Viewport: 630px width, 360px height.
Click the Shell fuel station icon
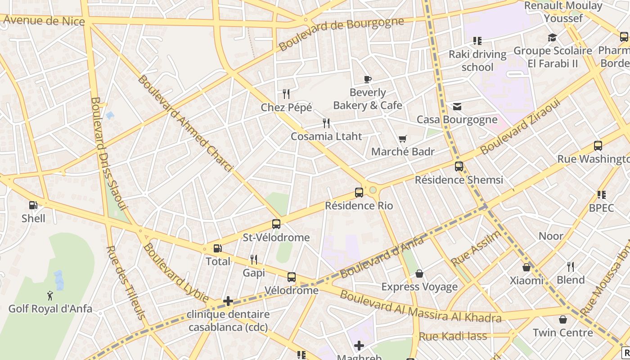click(x=33, y=205)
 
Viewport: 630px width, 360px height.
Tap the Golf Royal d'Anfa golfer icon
click(x=50, y=296)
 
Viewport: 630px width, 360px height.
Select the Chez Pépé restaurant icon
click(x=286, y=94)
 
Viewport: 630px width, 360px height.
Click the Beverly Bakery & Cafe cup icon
click(x=368, y=80)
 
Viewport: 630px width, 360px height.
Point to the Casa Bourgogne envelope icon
click(x=457, y=107)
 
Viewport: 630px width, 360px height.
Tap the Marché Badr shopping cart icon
click(x=402, y=139)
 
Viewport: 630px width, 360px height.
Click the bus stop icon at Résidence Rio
click(x=359, y=193)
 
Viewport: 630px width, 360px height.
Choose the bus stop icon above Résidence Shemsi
click(x=459, y=166)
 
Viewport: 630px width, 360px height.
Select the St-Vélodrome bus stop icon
click(x=276, y=224)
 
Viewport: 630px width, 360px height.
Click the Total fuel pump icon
click(x=217, y=248)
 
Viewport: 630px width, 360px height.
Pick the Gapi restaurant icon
click(x=254, y=259)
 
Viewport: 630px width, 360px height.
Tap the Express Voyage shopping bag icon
click(x=419, y=274)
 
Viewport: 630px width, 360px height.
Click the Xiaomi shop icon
click(x=526, y=267)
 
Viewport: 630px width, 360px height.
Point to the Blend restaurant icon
click(x=571, y=266)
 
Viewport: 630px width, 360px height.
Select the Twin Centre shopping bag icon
click(x=562, y=319)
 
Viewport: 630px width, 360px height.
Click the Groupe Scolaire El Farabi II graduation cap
click(x=552, y=37)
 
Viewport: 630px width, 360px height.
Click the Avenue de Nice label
click(x=44, y=20)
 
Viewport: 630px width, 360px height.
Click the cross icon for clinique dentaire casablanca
click(x=228, y=301)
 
